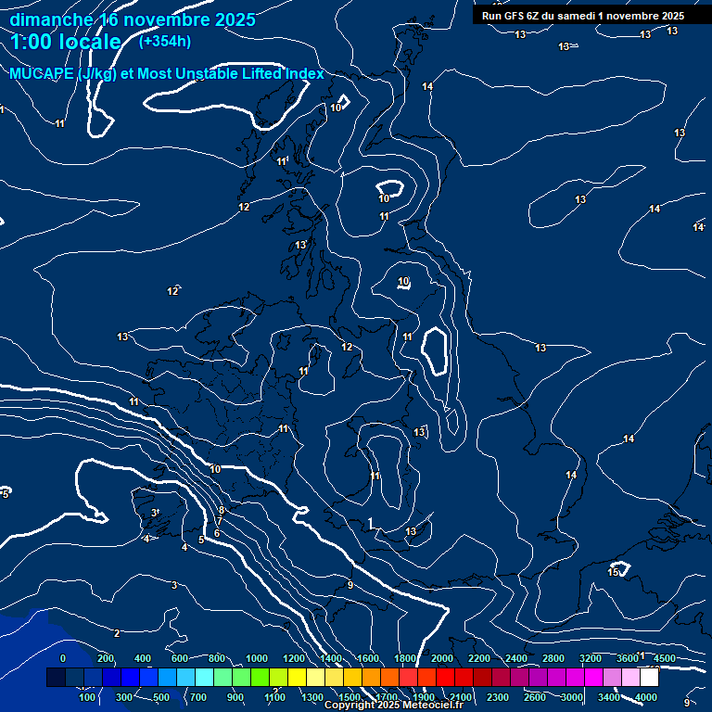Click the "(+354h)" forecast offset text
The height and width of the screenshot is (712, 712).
click(165, 41)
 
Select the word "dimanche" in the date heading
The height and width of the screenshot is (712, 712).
click(51, 19)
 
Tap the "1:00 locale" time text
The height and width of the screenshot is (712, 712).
click(66, 42)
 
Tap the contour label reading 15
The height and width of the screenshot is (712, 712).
click(613, 572)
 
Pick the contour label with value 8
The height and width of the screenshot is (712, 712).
click(222, 511)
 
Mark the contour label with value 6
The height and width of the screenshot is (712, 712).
click(217, 533)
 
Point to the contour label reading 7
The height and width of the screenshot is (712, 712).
click(220, 522)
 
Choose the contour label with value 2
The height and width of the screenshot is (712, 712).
click(117, 633)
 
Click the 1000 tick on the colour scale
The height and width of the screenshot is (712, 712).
click(257, 658)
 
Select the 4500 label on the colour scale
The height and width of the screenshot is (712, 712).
click(665, 658)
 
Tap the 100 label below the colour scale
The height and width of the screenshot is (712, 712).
click(87, 697)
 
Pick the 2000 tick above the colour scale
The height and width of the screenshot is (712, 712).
click(442, 658)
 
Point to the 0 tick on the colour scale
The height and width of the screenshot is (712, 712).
click(63, 658)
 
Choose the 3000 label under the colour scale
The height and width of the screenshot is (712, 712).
click(572, 697)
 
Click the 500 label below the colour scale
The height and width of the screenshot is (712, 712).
click(161, 697)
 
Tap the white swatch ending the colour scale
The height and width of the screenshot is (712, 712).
click(649, 678)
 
